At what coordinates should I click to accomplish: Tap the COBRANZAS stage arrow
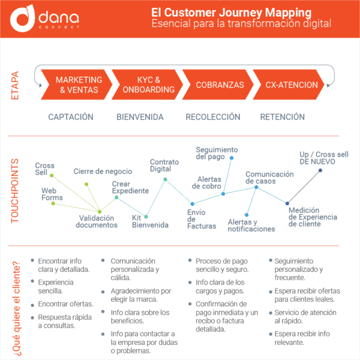(218, 85)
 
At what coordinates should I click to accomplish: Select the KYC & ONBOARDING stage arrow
(147, 85)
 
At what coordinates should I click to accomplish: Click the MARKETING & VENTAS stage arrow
(76, 85)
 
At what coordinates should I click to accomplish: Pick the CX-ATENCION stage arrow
(289, 85)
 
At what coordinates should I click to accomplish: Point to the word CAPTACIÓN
(71, 117)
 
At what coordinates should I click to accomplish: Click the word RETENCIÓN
(283, 117)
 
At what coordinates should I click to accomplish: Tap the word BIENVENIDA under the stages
(140, 117)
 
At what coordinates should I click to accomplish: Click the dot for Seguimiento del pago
(232, 158)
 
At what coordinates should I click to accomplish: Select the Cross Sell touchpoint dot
(52, 176)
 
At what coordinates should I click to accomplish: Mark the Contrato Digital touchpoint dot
(166, 179)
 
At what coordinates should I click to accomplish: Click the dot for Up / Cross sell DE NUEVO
(320, 170)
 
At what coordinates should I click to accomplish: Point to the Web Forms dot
(53, 203)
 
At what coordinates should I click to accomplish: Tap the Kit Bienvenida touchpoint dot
(146, 217)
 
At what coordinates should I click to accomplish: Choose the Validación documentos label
(97, 221)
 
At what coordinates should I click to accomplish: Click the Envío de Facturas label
(202, 219)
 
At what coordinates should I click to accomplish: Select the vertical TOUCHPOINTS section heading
(15, 191)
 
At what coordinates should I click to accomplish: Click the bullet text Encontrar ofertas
(65, 304)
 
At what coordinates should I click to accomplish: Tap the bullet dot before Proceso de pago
(190, 260)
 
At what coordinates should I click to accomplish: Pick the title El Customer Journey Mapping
(231, 13)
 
